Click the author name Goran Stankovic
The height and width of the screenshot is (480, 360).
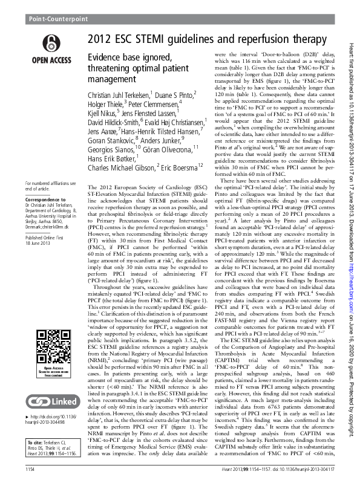[110, 181]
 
